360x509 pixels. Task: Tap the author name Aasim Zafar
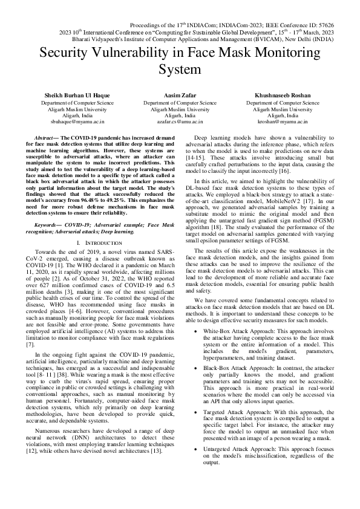(x=180, y=96)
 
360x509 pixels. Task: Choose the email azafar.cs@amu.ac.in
(x=180, y=122)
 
